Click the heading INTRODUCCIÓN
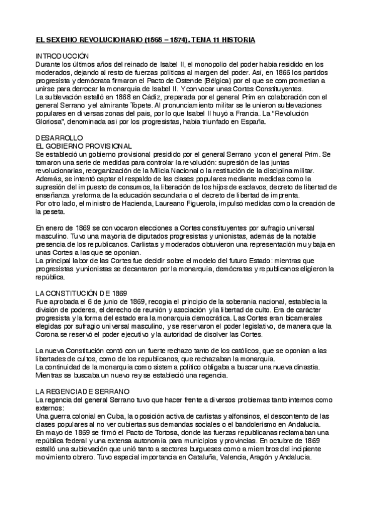click(64, 56)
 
